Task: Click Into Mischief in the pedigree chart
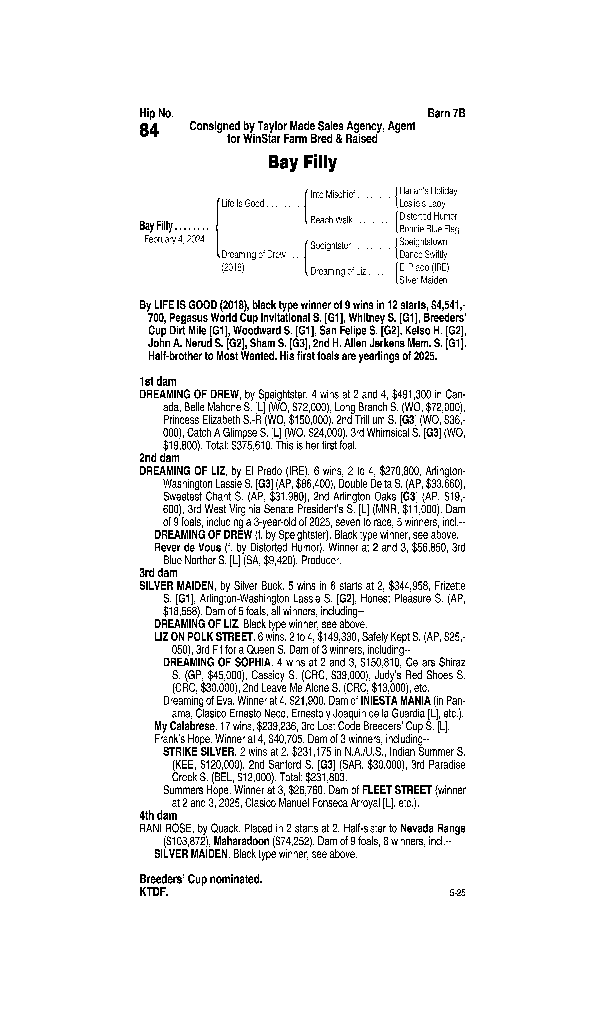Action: pos(333,195)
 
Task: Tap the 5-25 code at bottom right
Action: pos(457,893)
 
